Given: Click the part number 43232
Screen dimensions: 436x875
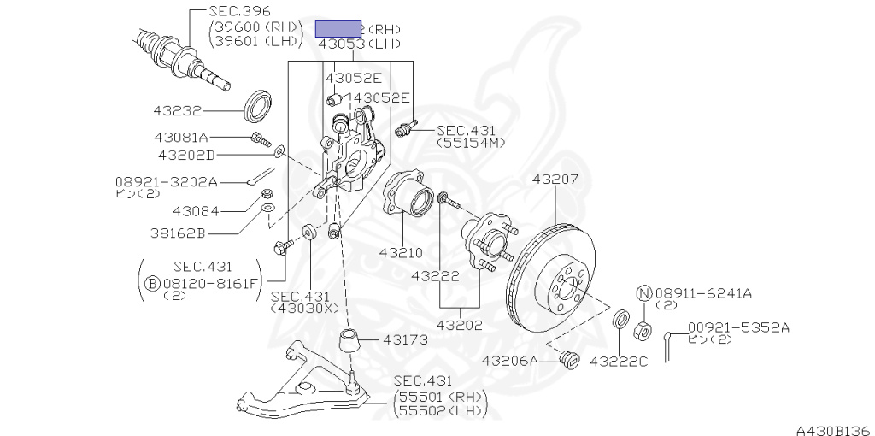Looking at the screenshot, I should coord(178,110).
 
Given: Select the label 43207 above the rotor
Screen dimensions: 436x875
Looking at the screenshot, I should coord(555,180).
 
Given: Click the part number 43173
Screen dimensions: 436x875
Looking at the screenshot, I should coord(405,339).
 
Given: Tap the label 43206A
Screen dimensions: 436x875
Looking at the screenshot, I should coord(511,361).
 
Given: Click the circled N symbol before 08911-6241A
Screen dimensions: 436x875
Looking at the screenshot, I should coord(644,292).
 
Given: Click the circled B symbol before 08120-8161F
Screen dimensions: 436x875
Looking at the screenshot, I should coord(152,284).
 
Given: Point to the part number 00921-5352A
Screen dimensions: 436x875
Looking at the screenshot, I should coord(739,327).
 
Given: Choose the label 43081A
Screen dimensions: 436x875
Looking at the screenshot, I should coord(181,137).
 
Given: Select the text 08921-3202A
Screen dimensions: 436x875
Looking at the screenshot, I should coord(166,181).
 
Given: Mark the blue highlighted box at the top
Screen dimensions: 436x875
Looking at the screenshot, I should coord(339,29).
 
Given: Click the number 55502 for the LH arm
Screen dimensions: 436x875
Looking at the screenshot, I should coord(423,412).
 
